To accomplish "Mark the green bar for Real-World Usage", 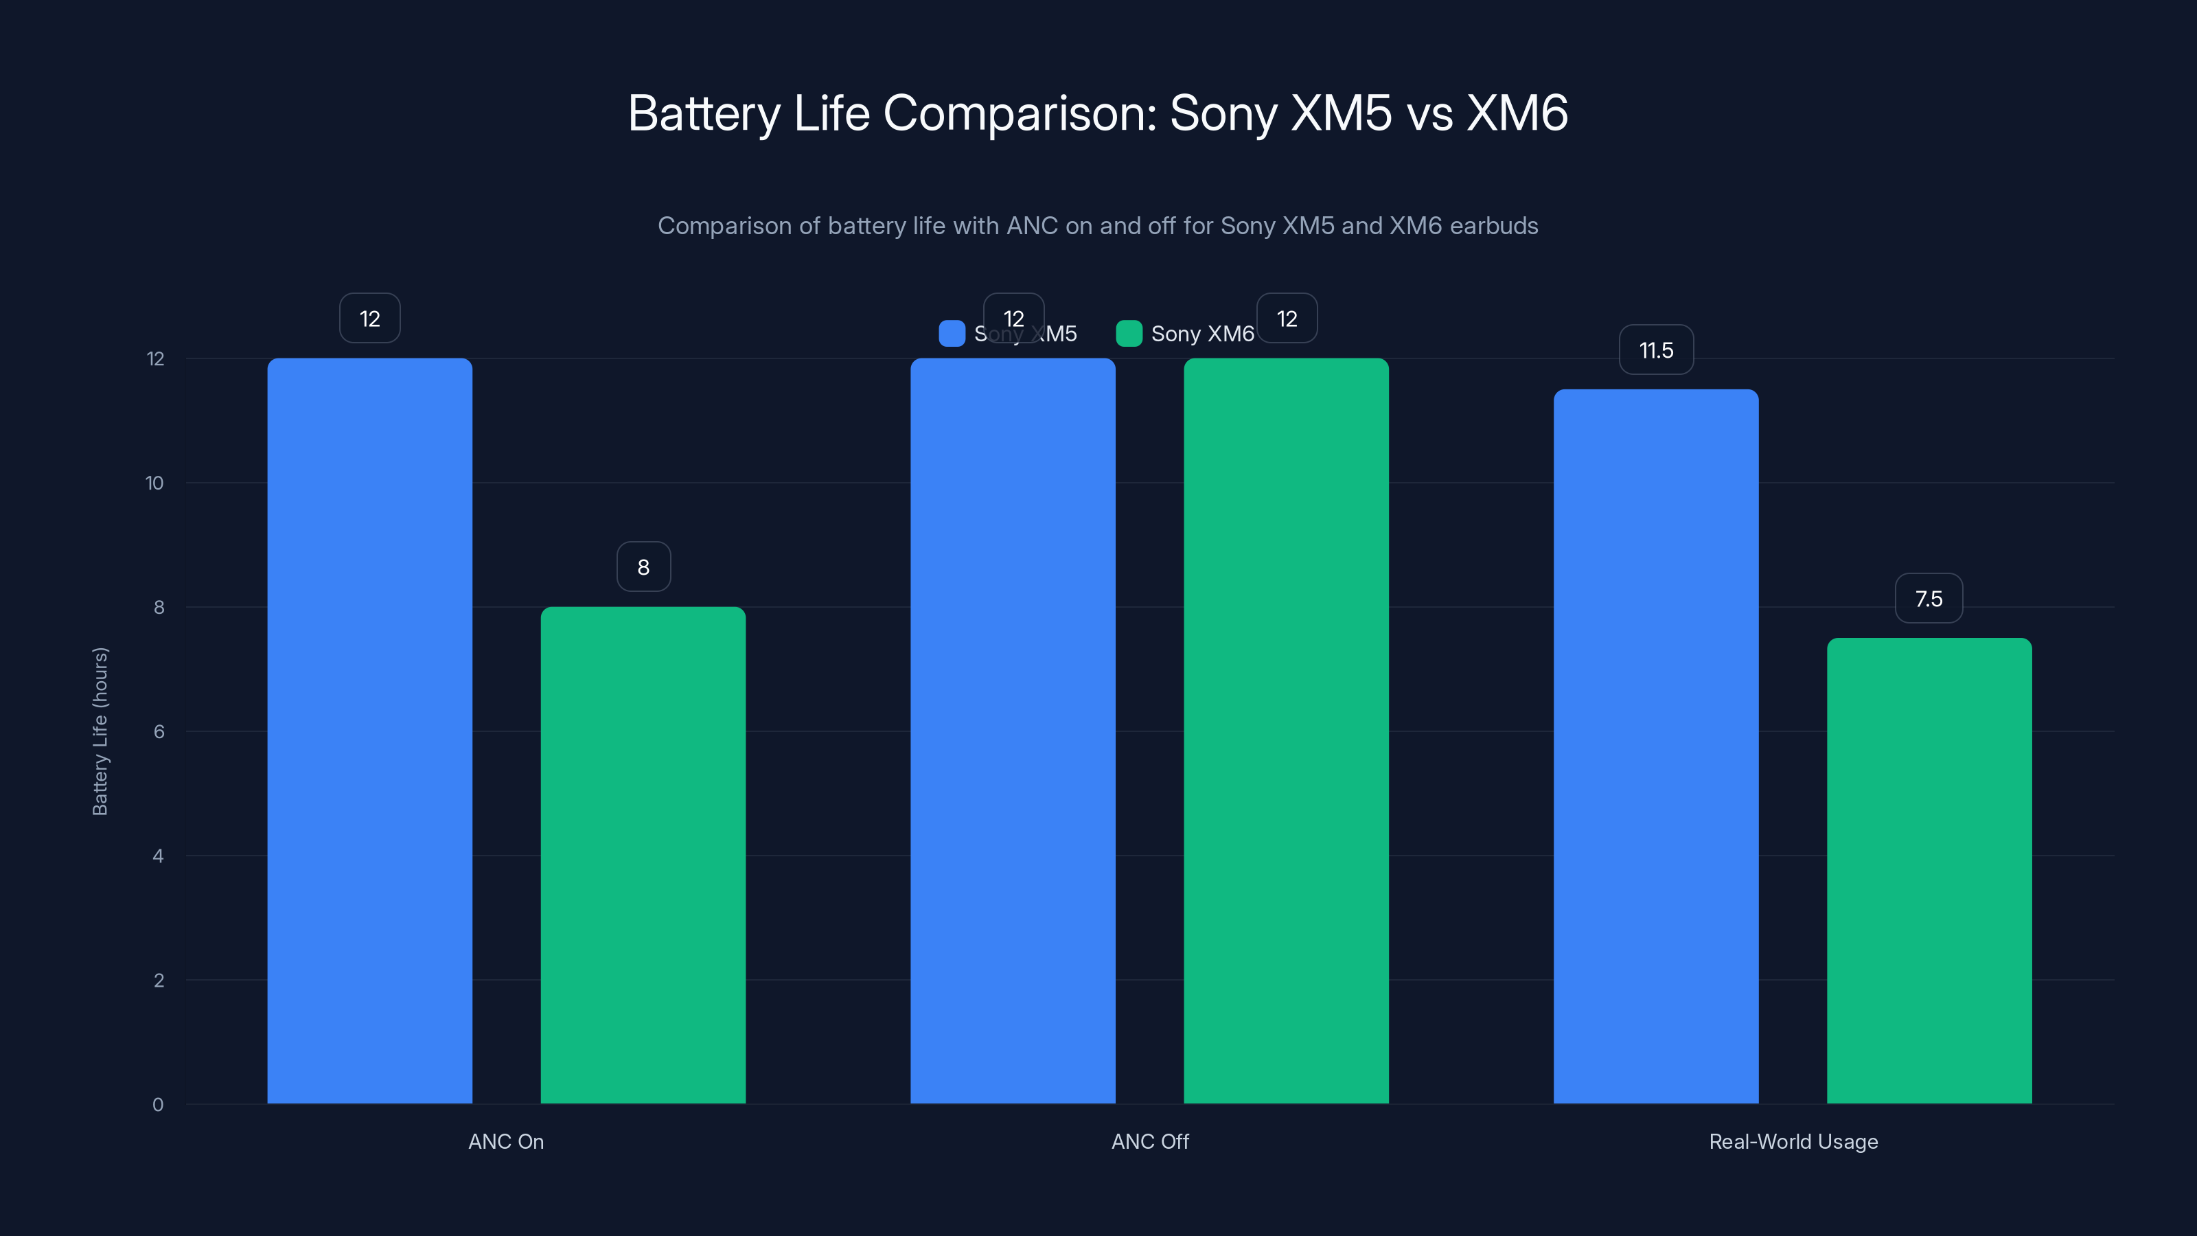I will tap(1929, 870).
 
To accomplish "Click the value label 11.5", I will tap(1656, 350).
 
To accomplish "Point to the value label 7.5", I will tap(1929, 598).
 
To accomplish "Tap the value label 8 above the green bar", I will tap(643, 566).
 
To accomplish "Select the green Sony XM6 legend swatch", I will tap(1128, 334).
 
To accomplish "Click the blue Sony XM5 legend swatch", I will tap(952, 334).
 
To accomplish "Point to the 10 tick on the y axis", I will tap(154, 483).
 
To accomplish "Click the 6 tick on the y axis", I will tap(159, 731).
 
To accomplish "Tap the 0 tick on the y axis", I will tap(158, 1105).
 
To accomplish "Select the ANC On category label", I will tap(506, 1141).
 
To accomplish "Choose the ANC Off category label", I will tap(1150, 1141).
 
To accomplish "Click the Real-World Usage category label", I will tap(1793, 1141).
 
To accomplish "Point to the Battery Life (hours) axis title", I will tap(100, 731).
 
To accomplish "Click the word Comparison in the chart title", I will tap(1018, 113).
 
